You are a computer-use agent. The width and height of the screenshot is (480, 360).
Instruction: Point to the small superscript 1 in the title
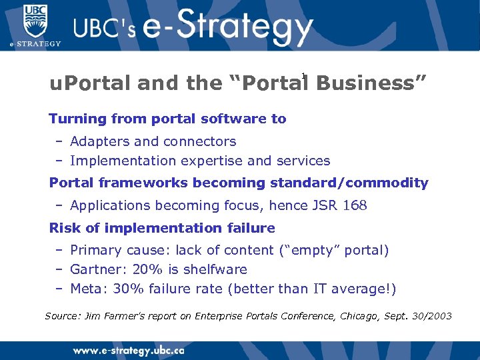pos(303,75)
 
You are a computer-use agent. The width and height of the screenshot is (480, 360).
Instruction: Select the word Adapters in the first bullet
pos(95,141)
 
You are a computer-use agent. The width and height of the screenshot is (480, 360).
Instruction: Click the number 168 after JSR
pos(354,205)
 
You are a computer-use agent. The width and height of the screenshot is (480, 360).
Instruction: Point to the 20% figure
pos(144,269)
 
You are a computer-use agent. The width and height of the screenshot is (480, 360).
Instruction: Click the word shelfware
pos(213,269)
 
